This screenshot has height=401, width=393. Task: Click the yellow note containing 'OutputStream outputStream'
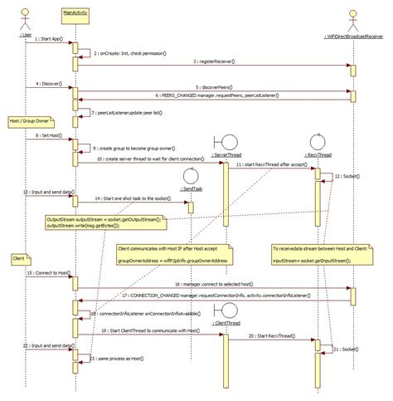104,222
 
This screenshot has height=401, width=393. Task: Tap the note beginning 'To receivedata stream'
318,253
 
